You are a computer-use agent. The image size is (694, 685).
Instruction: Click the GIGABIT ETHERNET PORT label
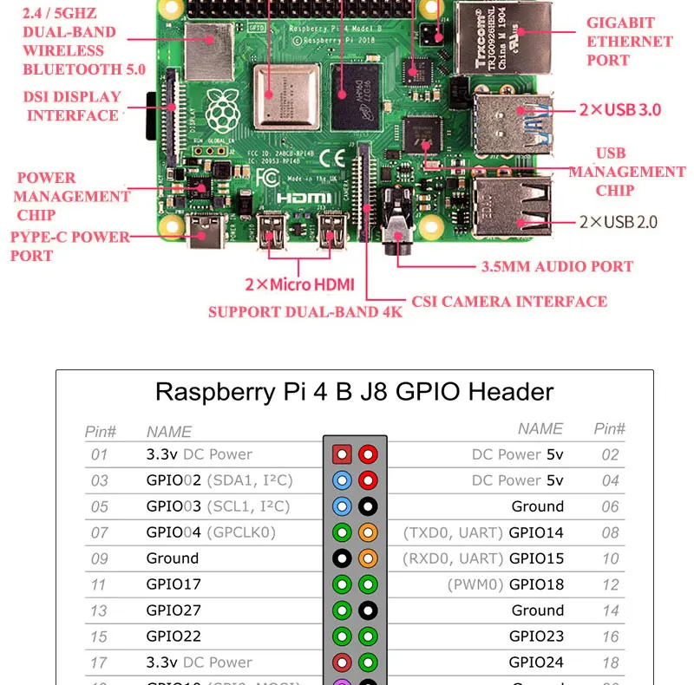pos(629,42)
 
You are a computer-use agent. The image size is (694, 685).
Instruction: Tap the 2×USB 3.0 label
pos(620,109)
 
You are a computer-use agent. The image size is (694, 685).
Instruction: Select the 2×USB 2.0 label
pos(618,222)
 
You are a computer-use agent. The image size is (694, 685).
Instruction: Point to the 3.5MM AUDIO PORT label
pos(557,267)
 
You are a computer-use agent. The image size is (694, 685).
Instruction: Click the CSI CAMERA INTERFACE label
pos(509,302)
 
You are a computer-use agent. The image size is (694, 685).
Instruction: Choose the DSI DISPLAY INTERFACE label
pos(72,106)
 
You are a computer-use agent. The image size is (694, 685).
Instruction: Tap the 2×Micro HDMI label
pos(299,284)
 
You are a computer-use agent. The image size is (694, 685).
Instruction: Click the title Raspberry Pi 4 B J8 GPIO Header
pos(354,391)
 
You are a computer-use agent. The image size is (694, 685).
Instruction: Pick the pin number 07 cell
pos(99,532)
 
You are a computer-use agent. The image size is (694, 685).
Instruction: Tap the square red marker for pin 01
pos(342,454)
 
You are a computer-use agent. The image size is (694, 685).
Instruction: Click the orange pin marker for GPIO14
pos(368,532)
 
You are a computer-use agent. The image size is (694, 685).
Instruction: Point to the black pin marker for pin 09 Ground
pos(342,558)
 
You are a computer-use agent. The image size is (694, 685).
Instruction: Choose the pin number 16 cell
pos(610,636)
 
